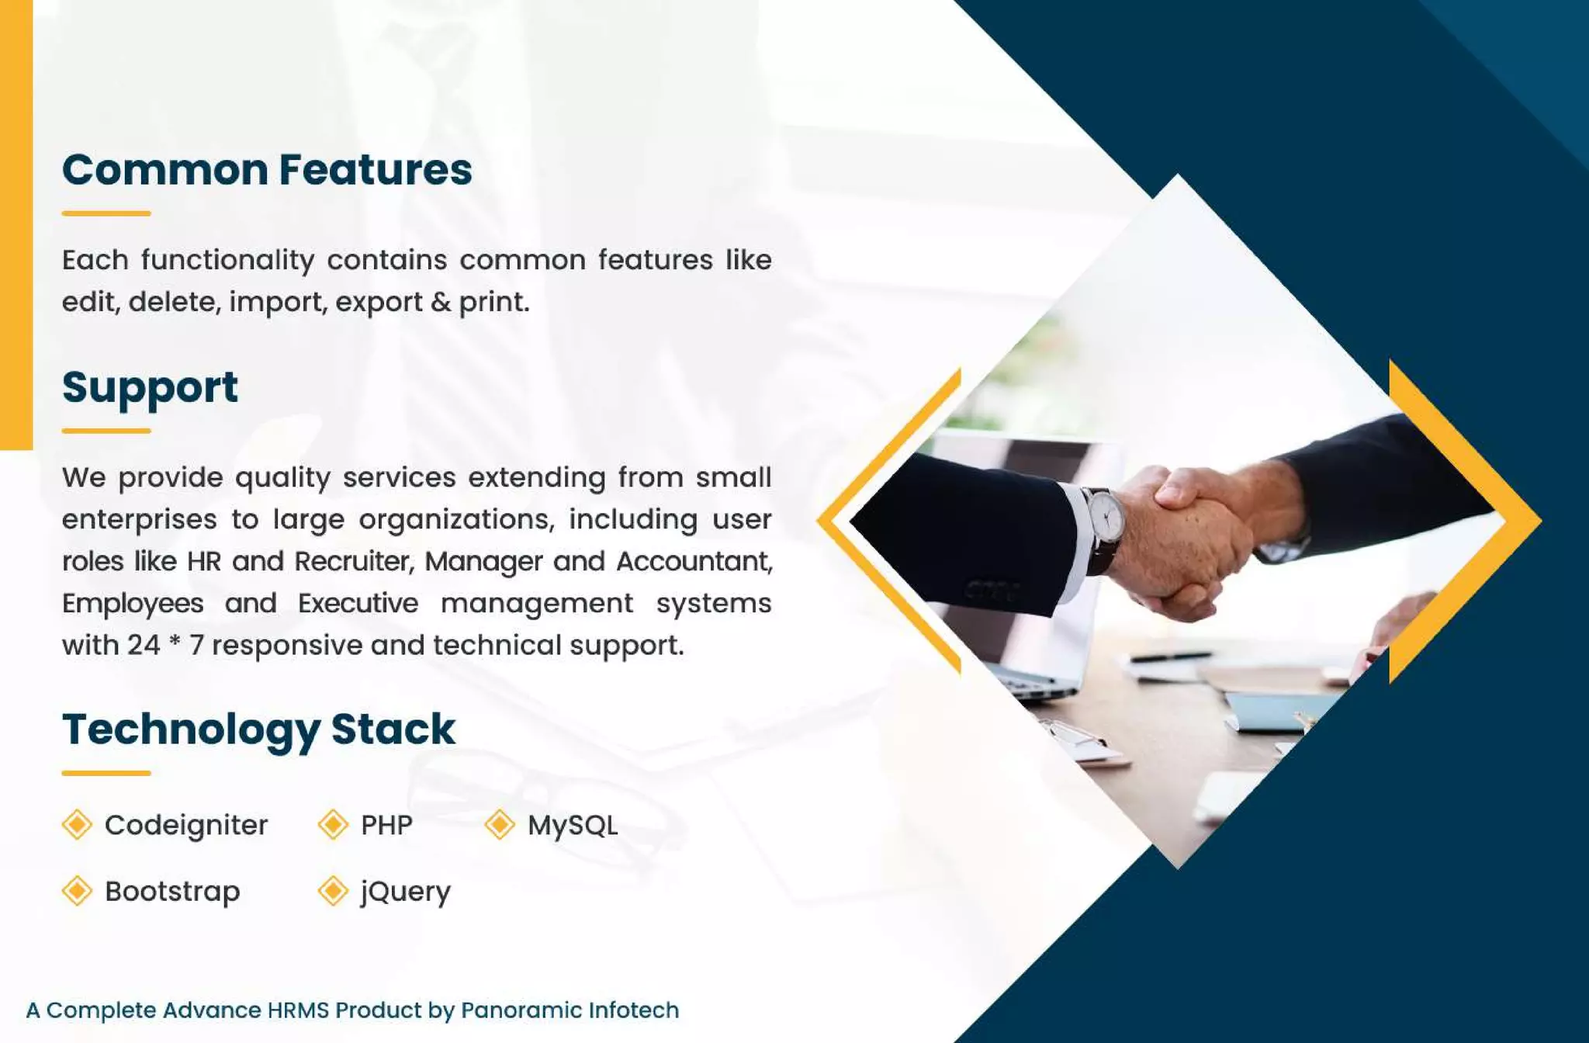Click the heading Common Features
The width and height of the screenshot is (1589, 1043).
click(267, 170)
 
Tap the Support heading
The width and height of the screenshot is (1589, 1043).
click(150, 387)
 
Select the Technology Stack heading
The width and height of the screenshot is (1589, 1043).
click(258, 729)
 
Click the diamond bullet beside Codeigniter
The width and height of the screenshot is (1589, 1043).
click(77, 824)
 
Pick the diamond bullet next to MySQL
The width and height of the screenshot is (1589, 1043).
click(500, 824)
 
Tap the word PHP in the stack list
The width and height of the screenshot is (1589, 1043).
click(386, 825)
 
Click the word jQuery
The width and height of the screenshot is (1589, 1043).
click(405, 892)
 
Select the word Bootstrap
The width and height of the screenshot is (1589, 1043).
click(172, 892)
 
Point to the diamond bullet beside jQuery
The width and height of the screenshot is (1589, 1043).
click(333, 891)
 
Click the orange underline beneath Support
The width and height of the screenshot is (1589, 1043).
click(106, 431)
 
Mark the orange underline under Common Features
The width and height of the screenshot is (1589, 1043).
click(106, 213)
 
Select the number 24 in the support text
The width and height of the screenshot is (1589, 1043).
click(144, 645)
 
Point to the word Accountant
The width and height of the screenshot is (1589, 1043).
click(694, 561)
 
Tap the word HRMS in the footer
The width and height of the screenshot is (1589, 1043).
click(298, 1010)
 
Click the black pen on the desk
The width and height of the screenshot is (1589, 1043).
click(1172, 657)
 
